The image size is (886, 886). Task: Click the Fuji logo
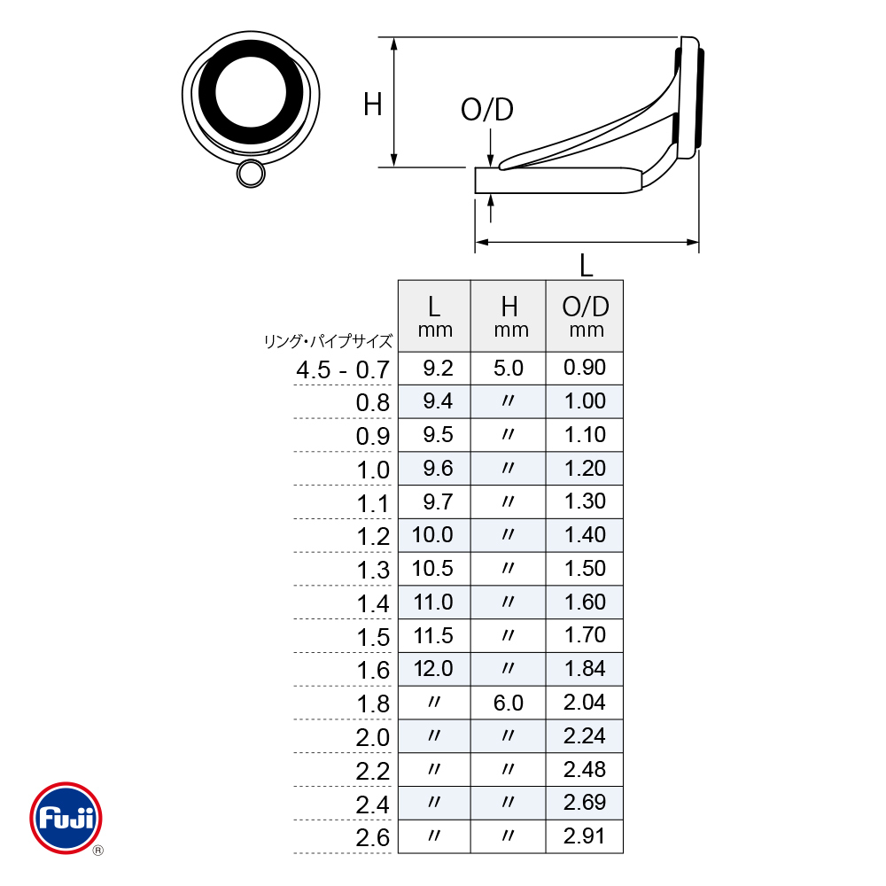pyautogui.click(x=66, y=818)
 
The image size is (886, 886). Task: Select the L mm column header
pyautogui.click(x=434, y=316)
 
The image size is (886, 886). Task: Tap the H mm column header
pyautogui.click(x=509, y=316)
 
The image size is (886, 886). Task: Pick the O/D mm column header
pyautogui.click(x=585, y=316)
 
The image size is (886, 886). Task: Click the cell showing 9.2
pyautogui.click(x=438, y=369)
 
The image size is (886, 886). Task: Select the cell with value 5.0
pyautogui.click(x=508, y=369)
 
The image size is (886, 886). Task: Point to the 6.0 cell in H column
pyautogui.click(x=508, y=703)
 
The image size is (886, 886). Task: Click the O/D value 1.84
pyautogui.click(x=585, y=669)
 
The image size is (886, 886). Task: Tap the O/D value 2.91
pyautogui.click(x=584, y=836)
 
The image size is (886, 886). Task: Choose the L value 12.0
pyautogui.click(x=433, y=669)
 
